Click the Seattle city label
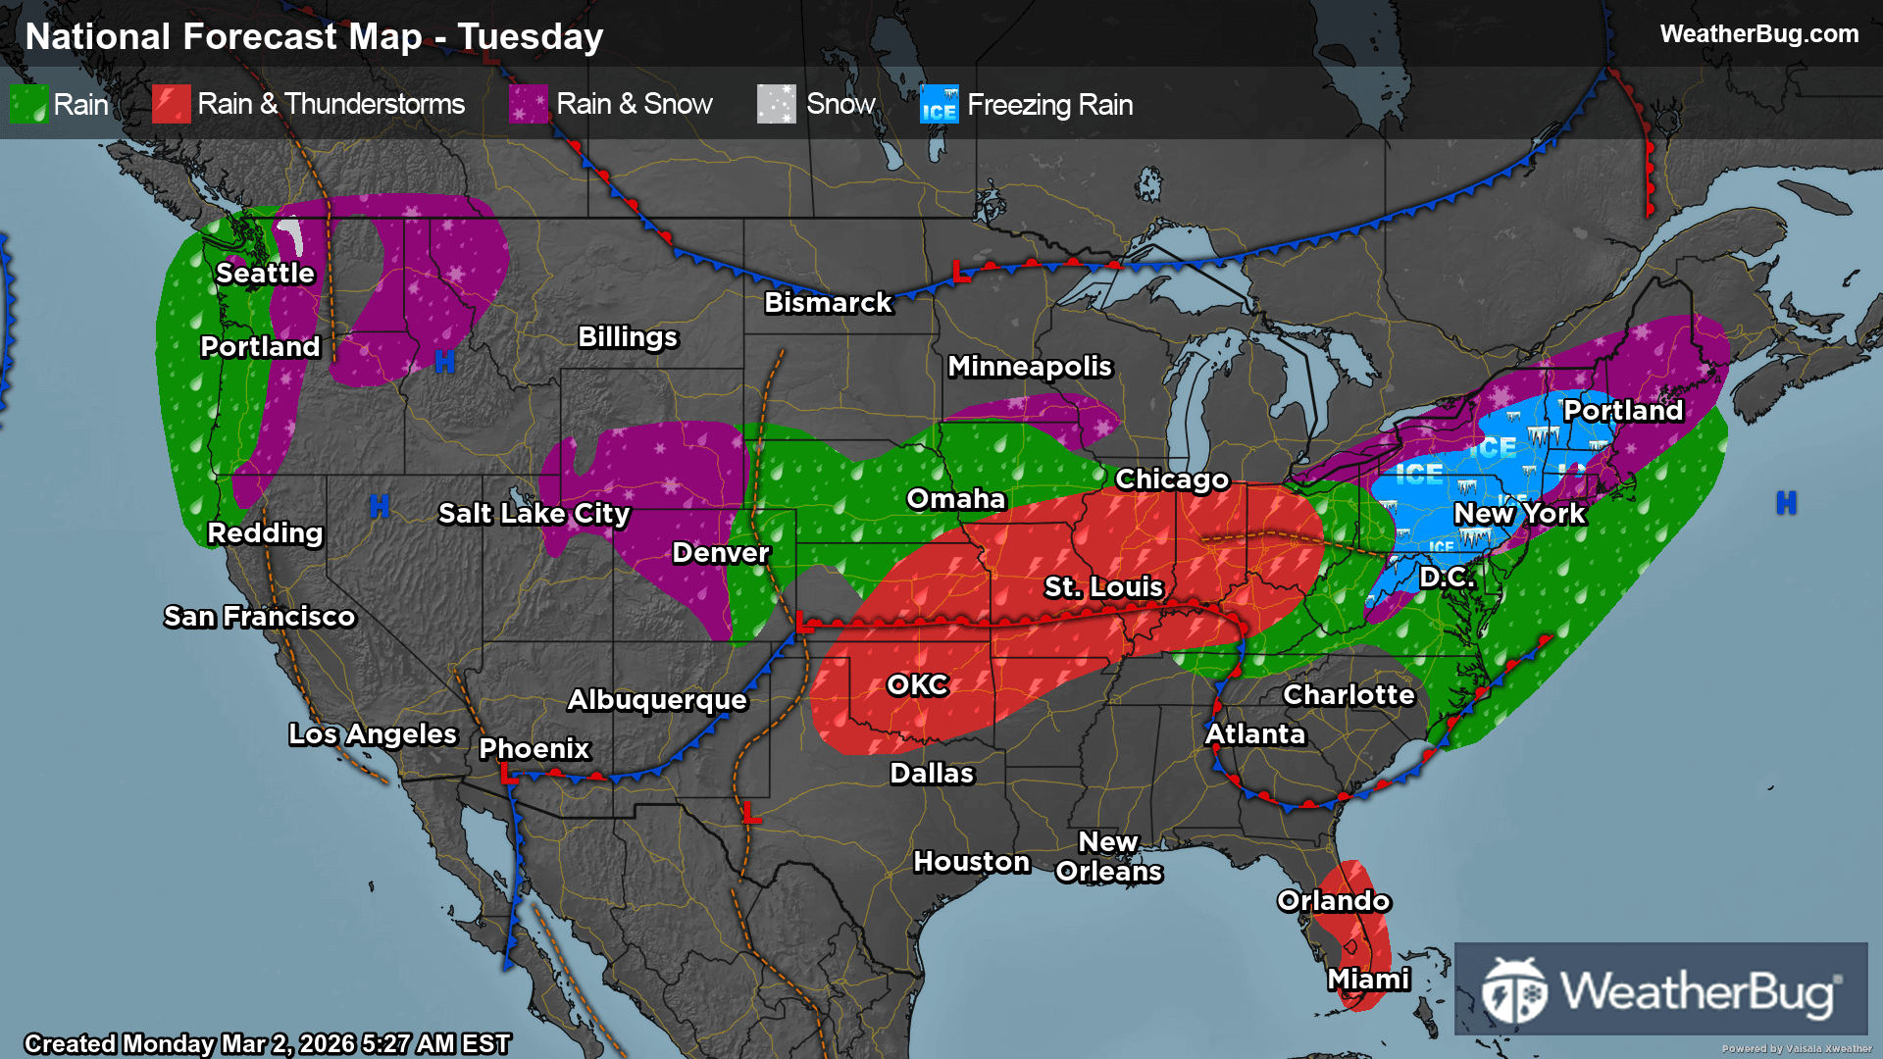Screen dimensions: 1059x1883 point(265,273)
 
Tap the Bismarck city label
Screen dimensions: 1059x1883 point(828,302)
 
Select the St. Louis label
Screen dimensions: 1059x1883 point(1103,586)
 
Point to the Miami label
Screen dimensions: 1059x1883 point(1368,979)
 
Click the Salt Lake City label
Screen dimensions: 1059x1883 point(534,513)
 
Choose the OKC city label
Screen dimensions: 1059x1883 point(917,684)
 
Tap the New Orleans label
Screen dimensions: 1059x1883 point(1108,856)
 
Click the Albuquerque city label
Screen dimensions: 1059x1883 point(657,699)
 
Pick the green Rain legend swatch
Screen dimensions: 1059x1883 point(28,104)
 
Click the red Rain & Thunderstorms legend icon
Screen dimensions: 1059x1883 point(172,104)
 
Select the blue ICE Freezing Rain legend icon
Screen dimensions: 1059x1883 point(939,104)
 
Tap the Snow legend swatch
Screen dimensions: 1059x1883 point(776,104)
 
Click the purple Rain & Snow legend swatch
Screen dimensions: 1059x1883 point(529,104)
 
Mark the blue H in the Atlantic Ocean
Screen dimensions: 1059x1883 point(1786,503)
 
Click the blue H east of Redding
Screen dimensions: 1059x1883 point(380,506)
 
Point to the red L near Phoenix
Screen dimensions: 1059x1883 point(508,775)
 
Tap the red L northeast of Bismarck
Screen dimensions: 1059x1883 point(961,273)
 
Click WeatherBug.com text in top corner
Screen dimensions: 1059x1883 point(1758,34)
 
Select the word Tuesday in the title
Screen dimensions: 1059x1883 point(530,37)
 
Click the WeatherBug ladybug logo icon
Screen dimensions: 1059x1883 point(1514,990)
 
